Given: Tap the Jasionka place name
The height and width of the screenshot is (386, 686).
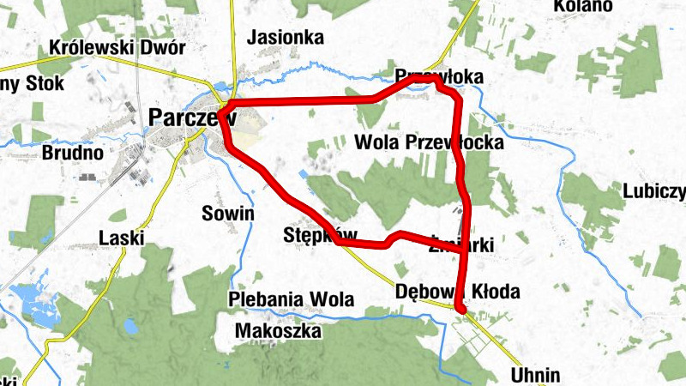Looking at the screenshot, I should tap(286, 38).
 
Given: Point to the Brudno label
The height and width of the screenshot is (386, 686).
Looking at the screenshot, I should tap(72, 154).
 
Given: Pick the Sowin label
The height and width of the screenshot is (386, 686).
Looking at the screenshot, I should tap(227, 214).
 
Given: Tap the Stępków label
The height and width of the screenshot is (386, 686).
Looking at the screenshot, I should tap(308, 235).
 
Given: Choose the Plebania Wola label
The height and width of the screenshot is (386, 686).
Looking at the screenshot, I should tap(292, 299).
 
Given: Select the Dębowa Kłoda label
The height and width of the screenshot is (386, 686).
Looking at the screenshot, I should tap(458, 292).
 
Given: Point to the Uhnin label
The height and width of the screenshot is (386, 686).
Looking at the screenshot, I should tap(535, 375).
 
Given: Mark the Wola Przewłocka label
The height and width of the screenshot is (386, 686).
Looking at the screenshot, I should tap(429, 142).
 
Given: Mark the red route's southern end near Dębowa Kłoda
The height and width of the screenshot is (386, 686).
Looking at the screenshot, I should tap(460, 310).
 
